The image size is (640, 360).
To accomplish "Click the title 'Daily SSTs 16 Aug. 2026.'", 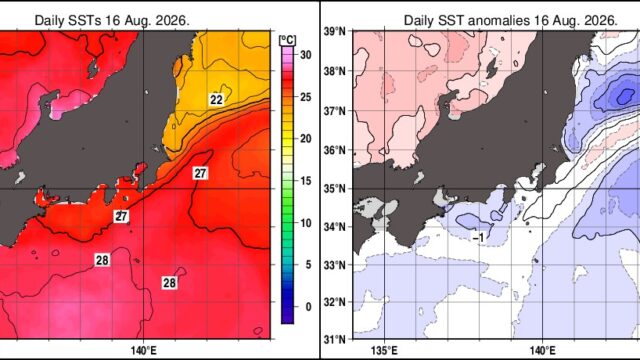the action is coord(112,20).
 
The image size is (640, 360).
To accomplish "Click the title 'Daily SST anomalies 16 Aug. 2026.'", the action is coord(510,20).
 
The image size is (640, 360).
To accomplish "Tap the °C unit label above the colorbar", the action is coord(287,40).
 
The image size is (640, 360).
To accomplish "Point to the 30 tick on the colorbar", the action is coord(306,55).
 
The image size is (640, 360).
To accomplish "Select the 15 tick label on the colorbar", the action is coord(306,181).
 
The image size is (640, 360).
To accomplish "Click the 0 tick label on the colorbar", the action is coord(309,307).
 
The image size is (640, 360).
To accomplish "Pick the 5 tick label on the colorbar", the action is coord(309,265).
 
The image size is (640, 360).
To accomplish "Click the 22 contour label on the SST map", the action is coord(216,100).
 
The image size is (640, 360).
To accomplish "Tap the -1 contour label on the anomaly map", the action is coord(478,237).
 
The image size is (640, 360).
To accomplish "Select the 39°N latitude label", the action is coord(335,31).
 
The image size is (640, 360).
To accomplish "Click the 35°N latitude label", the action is coord(335,189).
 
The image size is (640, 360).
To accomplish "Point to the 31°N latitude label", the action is coord(335,339).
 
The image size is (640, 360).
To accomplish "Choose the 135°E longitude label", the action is coord(385,351).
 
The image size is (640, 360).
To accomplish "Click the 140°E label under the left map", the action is coord(144,351).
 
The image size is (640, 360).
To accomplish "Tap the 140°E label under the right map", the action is coord(542,351).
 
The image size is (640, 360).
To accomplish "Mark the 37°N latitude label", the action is coord(335,111).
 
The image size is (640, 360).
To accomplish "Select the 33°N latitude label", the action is coord(335,265).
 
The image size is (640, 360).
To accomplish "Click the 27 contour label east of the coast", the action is coord(200,173).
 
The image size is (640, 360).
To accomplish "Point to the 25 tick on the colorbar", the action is coord(306,97).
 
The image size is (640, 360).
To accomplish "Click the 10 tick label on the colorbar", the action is coord(306,223).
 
